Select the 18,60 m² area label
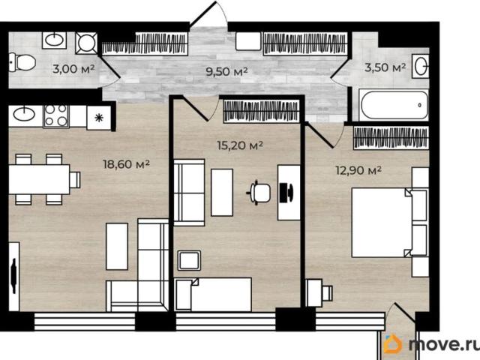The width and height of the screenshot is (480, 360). [126, 164]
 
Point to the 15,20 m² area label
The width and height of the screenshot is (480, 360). [240, 145]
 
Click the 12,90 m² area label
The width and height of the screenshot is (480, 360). [358, 170]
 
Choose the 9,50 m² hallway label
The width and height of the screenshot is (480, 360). [226, 72]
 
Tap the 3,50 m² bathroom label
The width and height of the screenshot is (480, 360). [385, 67]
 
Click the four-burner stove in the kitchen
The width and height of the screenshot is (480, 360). [56, 116]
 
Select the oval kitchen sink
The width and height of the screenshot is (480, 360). [24, 115]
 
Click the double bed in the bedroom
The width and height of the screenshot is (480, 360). [389, 222]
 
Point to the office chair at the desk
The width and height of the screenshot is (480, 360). [259, 193]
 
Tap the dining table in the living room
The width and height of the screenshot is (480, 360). [39, 179]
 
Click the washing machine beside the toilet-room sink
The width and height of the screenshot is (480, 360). [86, 43]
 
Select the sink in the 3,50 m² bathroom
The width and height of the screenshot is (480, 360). [421, 66]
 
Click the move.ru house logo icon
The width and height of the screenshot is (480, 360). [393, 343]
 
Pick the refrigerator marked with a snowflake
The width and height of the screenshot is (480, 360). [99, 118]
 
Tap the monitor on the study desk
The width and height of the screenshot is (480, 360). [286, 193]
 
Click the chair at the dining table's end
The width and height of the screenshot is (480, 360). [75, 180]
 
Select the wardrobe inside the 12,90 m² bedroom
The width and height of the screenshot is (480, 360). [391, 138]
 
